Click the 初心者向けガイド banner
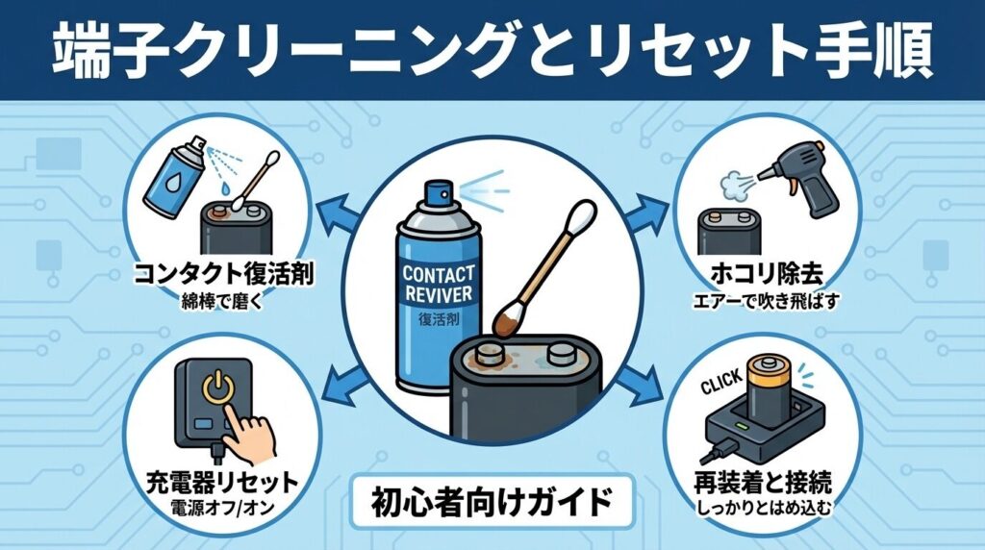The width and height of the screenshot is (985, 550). coord(492,500)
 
